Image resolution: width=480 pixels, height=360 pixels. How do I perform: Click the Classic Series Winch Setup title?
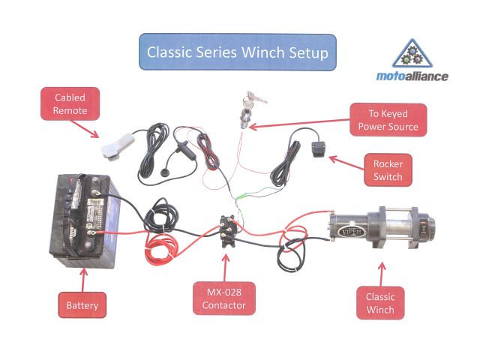tap(237, 52)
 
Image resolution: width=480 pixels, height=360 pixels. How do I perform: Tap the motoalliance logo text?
tap(412, 76)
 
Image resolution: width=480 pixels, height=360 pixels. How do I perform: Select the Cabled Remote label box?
tap(70, 104)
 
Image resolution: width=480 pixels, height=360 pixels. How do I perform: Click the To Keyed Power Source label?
tap(388, 121)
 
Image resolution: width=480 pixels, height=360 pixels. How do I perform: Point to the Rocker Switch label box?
tap(388, 171)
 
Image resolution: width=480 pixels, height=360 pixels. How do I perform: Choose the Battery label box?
tap(82, 305)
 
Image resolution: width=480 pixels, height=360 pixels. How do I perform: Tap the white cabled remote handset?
tap(116, 147)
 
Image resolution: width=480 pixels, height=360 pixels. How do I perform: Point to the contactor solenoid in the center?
tap(229, 226)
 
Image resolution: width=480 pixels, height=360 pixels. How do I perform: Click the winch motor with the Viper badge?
tap(348, 227)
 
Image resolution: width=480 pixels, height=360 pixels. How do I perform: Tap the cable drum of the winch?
tap(397, 226)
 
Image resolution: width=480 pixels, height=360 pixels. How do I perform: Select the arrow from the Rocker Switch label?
tap(341, 162)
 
